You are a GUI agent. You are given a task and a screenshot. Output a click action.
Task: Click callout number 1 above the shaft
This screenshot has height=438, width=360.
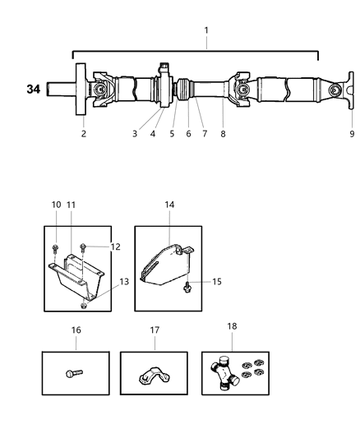[x=206, y=30]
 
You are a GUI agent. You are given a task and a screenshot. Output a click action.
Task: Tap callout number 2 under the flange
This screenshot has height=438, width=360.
[x=84, y=132]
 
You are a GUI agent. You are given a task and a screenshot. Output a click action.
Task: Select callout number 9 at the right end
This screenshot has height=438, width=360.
[x=351, y=132]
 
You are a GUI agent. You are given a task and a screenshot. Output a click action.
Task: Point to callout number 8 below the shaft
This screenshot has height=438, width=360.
[x=224, y=132]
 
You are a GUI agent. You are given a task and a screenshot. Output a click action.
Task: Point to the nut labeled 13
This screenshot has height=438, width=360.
[x=85, y=306]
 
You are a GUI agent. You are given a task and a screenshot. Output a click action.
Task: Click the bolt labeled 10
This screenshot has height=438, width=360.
[x=56, y=247]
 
